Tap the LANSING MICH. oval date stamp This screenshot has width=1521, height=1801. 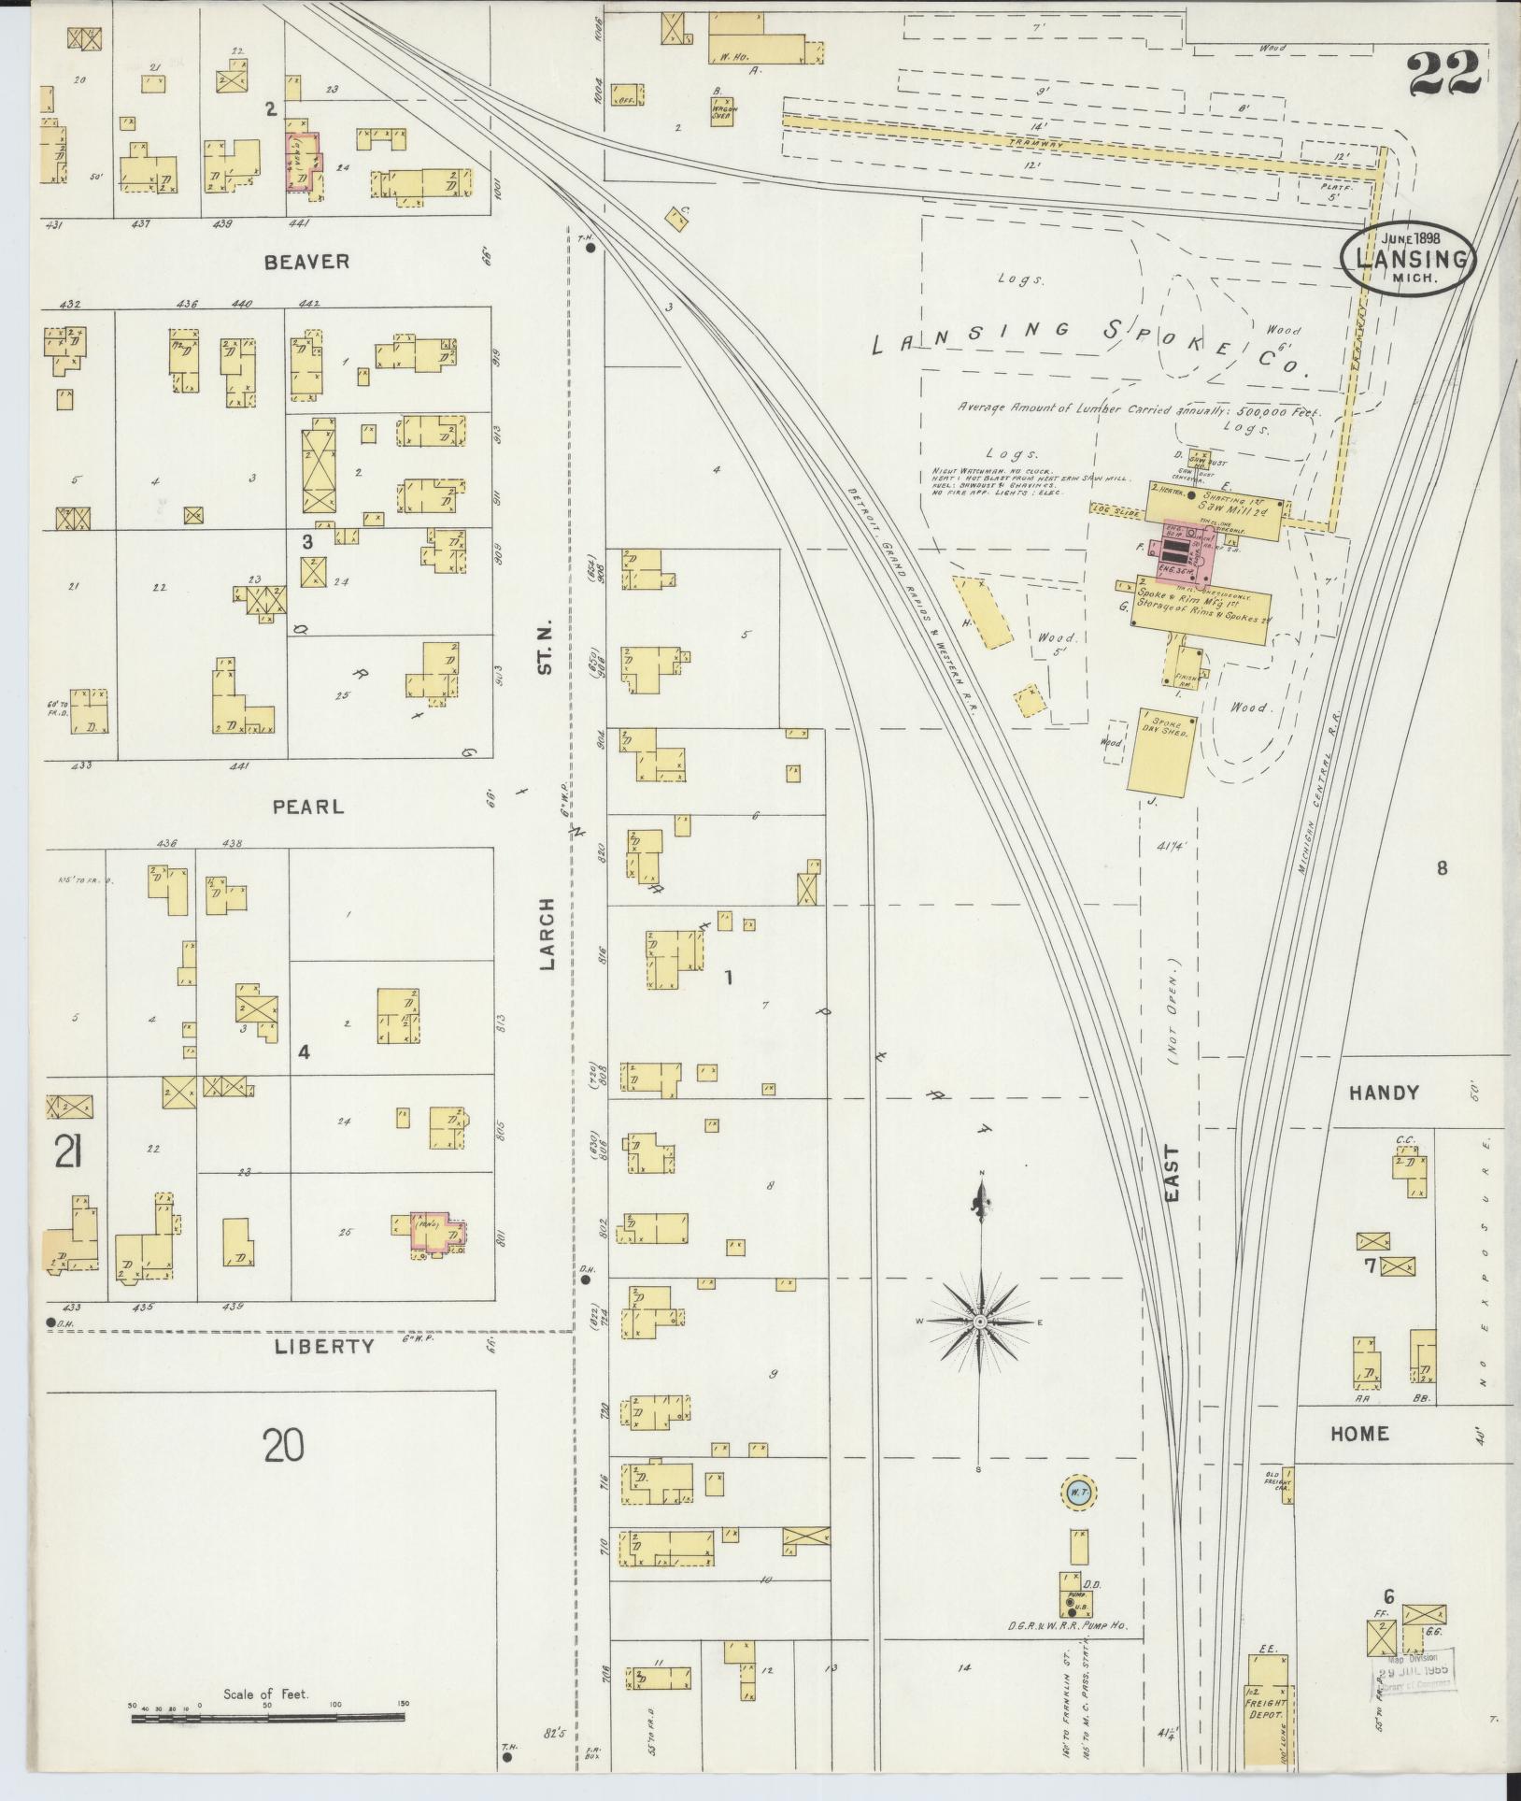tap(1408, 257)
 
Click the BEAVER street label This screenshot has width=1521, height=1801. tap(306, 262)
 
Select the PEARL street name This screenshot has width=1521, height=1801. tap(308, 806)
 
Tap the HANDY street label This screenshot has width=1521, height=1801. tap(1384, 1093)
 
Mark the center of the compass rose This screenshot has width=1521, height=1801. tap(980, 1322)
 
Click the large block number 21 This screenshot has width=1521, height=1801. tap(66, 1155)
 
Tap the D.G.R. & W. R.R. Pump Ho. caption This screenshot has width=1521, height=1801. tap(1067, 1627)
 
